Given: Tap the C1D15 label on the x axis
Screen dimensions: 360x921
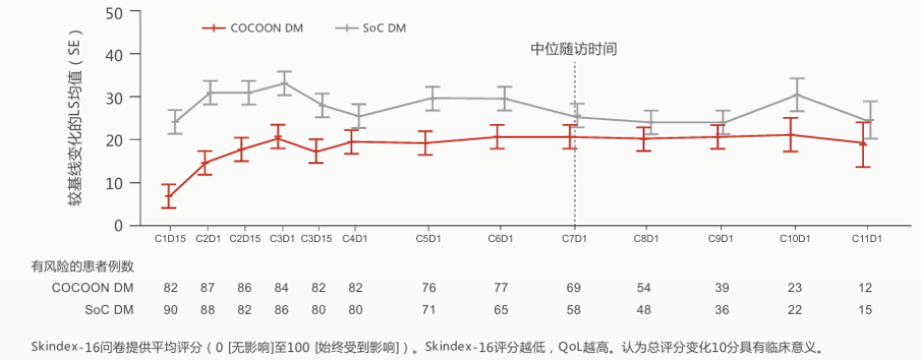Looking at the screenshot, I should coord(169,239).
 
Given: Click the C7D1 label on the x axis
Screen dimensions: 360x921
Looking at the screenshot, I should coord(575,239).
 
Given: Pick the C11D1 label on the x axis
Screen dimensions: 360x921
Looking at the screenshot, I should coord(866,239).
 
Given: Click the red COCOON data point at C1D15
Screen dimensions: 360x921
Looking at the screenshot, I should coord(169,196).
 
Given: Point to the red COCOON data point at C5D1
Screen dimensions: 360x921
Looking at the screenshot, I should coord(426,143).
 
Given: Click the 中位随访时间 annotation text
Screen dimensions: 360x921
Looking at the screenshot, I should coord(574,49).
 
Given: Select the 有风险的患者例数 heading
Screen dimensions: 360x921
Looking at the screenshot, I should coord(83,266).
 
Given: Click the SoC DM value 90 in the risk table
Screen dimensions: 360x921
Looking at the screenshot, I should coord(169,310).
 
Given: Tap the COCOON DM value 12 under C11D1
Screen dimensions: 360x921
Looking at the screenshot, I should coord(866,287).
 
